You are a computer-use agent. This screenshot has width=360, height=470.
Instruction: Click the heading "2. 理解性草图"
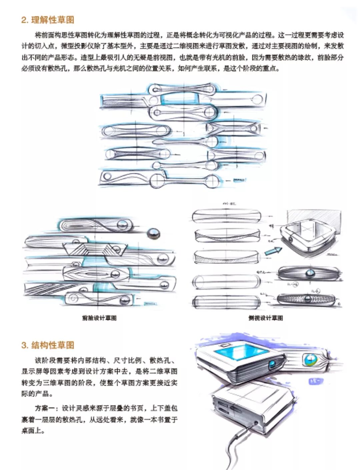click(x=47, y=20)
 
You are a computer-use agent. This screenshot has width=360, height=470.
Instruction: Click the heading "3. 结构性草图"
click(x=47, y=345)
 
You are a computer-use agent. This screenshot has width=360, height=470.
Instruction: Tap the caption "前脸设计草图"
click(x=99, y=318)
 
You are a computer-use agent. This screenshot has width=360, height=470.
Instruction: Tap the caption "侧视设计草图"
click(x=265, y=318)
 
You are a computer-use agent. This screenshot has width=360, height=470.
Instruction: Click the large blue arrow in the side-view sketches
click(x=273, y=251)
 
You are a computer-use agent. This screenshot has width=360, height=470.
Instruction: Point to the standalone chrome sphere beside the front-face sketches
click(x=153, y=234)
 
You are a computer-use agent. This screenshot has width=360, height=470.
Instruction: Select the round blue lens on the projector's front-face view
click(x=309, y=360)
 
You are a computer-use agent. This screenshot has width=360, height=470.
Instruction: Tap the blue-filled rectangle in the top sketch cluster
click(x=180, y=99)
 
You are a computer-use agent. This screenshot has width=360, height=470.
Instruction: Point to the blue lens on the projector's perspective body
click(x=273, y=363)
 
